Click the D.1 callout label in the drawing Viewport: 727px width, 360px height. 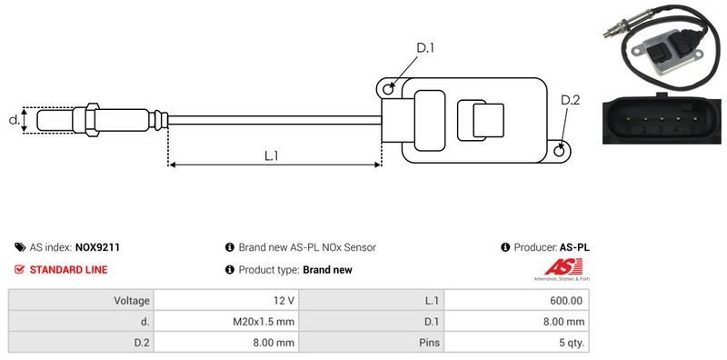(x=424, y=48)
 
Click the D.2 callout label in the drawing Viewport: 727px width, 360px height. (x=570, y=100)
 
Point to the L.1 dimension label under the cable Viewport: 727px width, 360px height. (x=271, y=155)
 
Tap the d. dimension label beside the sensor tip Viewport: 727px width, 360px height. (x=15, y=120)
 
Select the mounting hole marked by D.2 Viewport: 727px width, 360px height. (x=560, y=150)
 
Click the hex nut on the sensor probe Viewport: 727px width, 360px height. (x=93, y=120)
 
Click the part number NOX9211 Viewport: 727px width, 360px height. (x=97, y=247)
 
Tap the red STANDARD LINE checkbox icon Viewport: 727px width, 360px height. (x=19, y=269)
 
